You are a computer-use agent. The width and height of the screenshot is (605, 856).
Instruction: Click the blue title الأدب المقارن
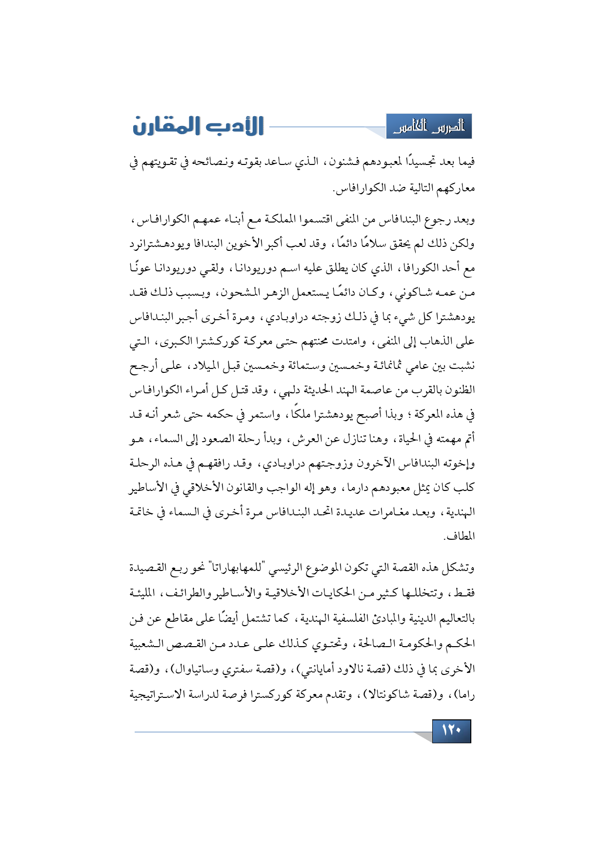click(x=199, y=126)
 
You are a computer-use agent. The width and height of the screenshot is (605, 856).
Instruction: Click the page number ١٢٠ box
click(x=451, y=731)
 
